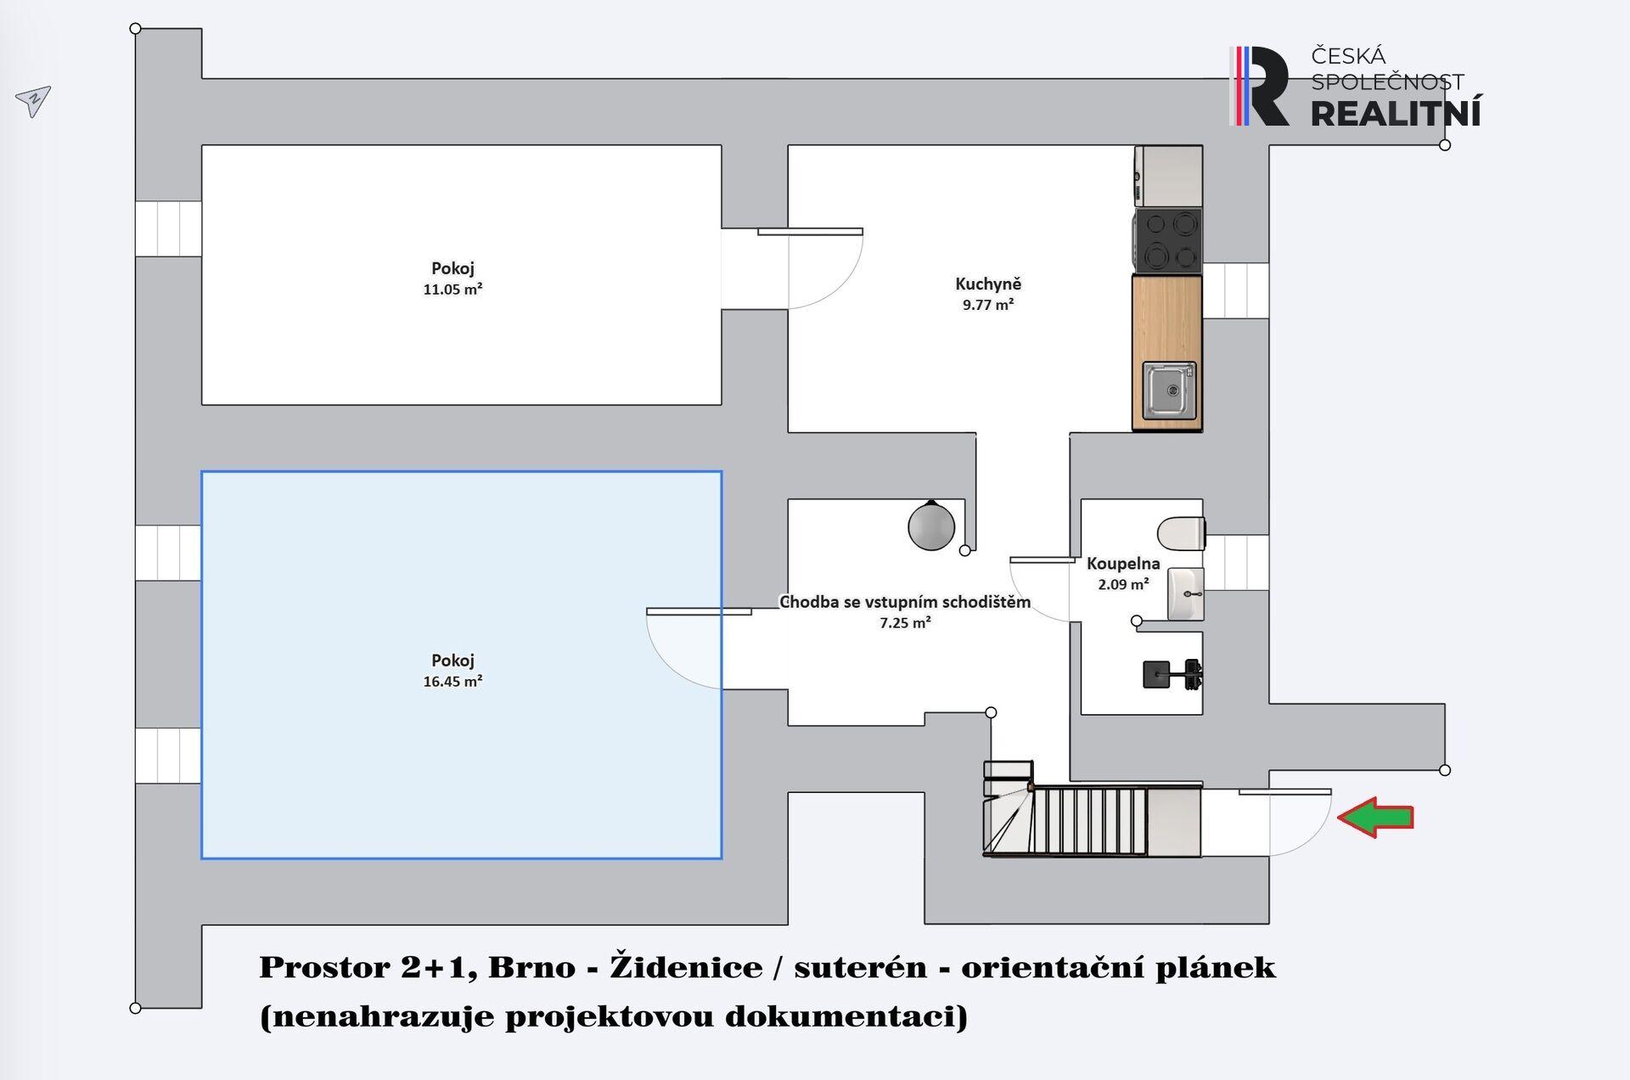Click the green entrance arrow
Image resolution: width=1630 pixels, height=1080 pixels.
1375,818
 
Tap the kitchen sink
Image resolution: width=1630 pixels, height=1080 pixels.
1169,391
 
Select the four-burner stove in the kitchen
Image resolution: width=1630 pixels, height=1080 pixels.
1167,240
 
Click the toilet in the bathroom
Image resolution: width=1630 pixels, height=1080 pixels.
1181,533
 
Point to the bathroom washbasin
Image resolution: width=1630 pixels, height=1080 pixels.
1186,594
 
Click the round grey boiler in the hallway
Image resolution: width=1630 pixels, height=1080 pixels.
931,526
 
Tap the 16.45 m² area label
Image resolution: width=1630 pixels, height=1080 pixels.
452,681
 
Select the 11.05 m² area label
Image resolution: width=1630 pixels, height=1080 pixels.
452,289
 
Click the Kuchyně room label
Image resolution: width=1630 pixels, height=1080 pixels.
988,284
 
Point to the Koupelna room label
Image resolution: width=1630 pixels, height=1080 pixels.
1123,563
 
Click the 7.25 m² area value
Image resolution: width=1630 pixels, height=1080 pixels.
905,622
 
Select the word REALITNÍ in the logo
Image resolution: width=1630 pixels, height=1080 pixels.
1397,112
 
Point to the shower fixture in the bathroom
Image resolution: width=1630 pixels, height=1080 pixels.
1172,674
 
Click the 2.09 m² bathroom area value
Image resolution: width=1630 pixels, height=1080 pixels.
1123,584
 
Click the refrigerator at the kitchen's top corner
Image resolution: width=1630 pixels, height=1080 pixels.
1168,176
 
